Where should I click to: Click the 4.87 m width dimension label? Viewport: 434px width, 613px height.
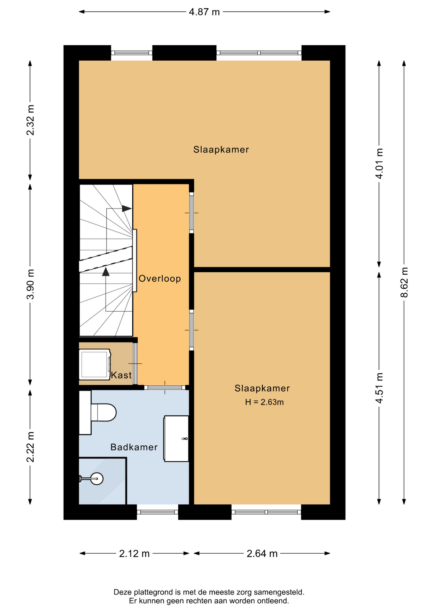[204, 12]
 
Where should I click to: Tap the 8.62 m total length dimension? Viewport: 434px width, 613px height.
[404, 282]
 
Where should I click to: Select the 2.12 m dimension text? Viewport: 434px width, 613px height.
[134, 553]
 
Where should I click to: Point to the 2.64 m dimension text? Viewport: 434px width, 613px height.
[262, 553]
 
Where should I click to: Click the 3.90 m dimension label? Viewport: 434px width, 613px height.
[30, 284]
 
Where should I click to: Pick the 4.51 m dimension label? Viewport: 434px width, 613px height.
[379, 388]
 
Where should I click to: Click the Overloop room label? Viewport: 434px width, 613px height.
[160, 279]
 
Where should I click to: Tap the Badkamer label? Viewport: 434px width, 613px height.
[134, 447]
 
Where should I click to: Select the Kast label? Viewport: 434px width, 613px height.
[121, 375]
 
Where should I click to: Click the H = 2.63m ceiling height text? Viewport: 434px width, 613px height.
[264, 402]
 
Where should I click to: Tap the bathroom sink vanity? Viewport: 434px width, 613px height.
[176, 438]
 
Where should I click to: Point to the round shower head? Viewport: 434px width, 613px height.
[97, 479]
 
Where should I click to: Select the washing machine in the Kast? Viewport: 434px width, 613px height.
[95, 364]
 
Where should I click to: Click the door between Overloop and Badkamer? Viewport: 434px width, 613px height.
[165, 388]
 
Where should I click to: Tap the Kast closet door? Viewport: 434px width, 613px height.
[135, 364]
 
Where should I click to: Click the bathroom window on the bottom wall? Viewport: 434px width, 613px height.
[158, 512]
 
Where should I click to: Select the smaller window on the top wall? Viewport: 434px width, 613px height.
[132, 53]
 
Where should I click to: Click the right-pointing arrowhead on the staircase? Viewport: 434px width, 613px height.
[127, 208]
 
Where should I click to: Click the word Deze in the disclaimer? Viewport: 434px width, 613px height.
[123, 592]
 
